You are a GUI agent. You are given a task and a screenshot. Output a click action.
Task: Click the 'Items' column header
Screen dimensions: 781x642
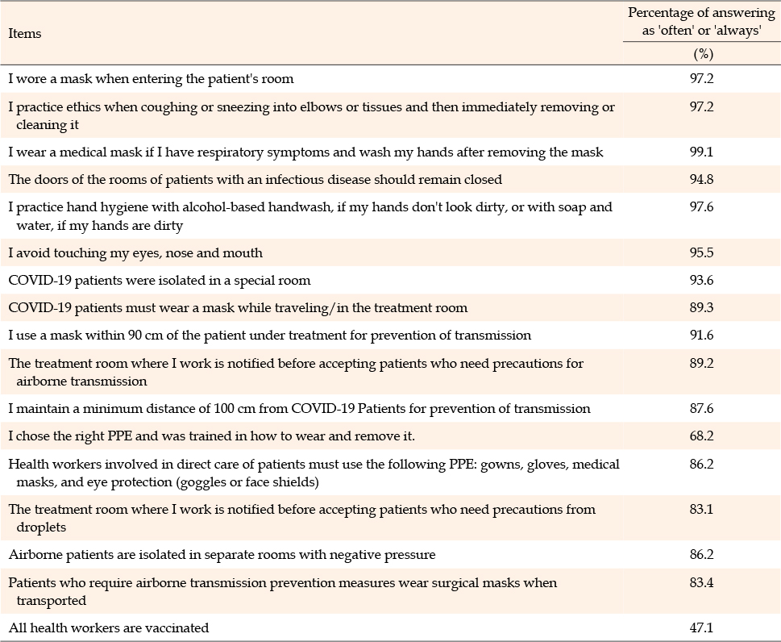point(25,33)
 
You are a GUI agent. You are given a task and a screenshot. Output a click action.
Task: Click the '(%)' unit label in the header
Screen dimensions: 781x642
point(704,54)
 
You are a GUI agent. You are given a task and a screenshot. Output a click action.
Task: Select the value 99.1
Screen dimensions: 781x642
point(701,152)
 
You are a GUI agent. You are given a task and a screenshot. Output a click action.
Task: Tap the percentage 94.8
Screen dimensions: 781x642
point(701,179)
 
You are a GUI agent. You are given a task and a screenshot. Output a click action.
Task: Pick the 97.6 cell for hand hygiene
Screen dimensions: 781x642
point(701,206)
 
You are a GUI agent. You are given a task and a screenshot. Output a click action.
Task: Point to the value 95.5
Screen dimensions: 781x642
point(701,252)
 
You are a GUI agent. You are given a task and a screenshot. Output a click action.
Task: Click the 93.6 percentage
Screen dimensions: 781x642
point(701,280)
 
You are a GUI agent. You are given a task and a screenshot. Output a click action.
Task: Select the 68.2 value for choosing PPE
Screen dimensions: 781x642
point(701,436)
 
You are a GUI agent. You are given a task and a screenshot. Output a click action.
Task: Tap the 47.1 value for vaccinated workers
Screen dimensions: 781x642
point(701,628)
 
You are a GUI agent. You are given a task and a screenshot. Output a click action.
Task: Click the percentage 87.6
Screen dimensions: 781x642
point(701,409)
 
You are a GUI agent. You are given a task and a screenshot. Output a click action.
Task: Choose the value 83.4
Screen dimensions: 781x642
point(701,582)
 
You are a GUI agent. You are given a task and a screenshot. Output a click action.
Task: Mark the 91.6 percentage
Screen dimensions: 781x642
point(701,336)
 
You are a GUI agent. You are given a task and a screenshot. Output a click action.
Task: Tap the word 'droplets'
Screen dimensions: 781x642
point(41,527)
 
